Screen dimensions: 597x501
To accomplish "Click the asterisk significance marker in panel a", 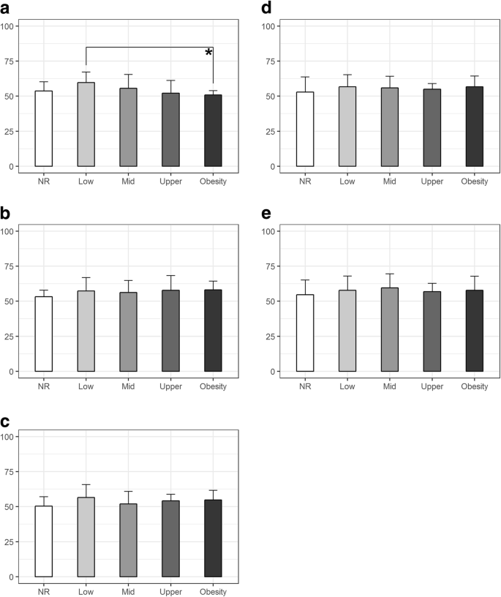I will [x=208, y=53].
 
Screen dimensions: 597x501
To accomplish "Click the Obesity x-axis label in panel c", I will [x=213, y=591].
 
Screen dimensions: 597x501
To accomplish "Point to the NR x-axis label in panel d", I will [x=304, y=181].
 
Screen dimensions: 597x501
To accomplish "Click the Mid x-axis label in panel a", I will [x=128, y=181].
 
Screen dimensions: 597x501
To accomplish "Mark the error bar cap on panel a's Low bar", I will [x=86, y=72].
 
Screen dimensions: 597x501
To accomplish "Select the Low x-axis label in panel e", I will [x=347, y=386].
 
